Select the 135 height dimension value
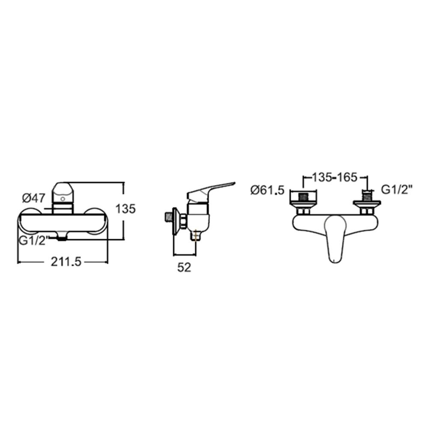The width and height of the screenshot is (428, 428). coord(125,209)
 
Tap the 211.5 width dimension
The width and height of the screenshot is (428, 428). coord(66,262)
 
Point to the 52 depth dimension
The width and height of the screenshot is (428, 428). coord(184,267)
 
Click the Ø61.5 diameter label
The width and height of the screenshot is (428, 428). coord(267,190)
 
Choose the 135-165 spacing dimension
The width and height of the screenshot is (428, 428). coord(335,178)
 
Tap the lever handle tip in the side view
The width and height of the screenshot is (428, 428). coord(233,183)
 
